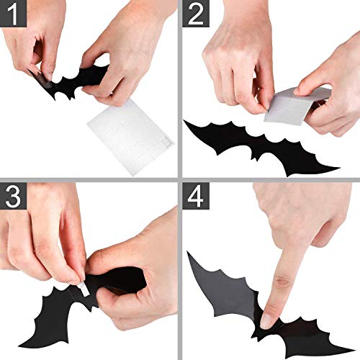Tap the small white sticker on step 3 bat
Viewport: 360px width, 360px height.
(x=82, y=289)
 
